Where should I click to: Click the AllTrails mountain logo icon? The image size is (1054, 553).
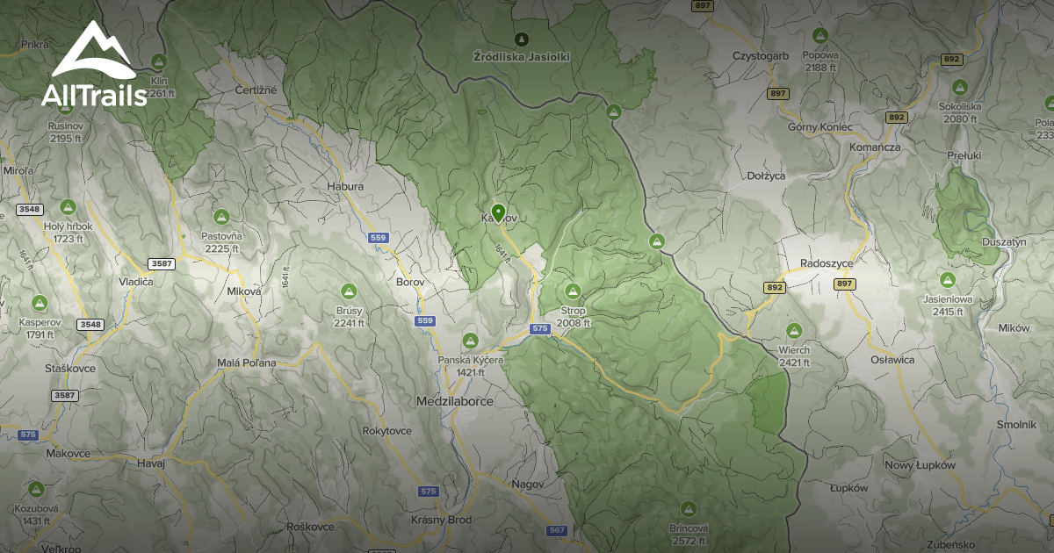coord(93,51)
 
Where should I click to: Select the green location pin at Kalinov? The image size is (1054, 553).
coord(498,212)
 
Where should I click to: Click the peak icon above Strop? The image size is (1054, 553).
coord(573,291)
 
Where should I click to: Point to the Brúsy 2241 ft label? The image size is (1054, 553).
coord(349,316)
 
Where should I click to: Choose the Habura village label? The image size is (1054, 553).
coord(344,186)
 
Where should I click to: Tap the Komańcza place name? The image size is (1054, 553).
coord(875,147)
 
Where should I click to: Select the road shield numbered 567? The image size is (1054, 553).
coord(557,530)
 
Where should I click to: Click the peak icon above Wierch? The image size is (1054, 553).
coord(794,330)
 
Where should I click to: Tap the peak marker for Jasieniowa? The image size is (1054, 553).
coord(947,280)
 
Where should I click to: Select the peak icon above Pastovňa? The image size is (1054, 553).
coord(222,216)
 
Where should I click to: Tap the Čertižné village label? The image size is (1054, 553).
coord(256,90)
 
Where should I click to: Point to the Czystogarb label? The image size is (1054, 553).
coord(761,55)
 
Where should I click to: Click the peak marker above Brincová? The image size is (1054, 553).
coord(688,509)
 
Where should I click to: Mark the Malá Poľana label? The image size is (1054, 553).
coord(247,363)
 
